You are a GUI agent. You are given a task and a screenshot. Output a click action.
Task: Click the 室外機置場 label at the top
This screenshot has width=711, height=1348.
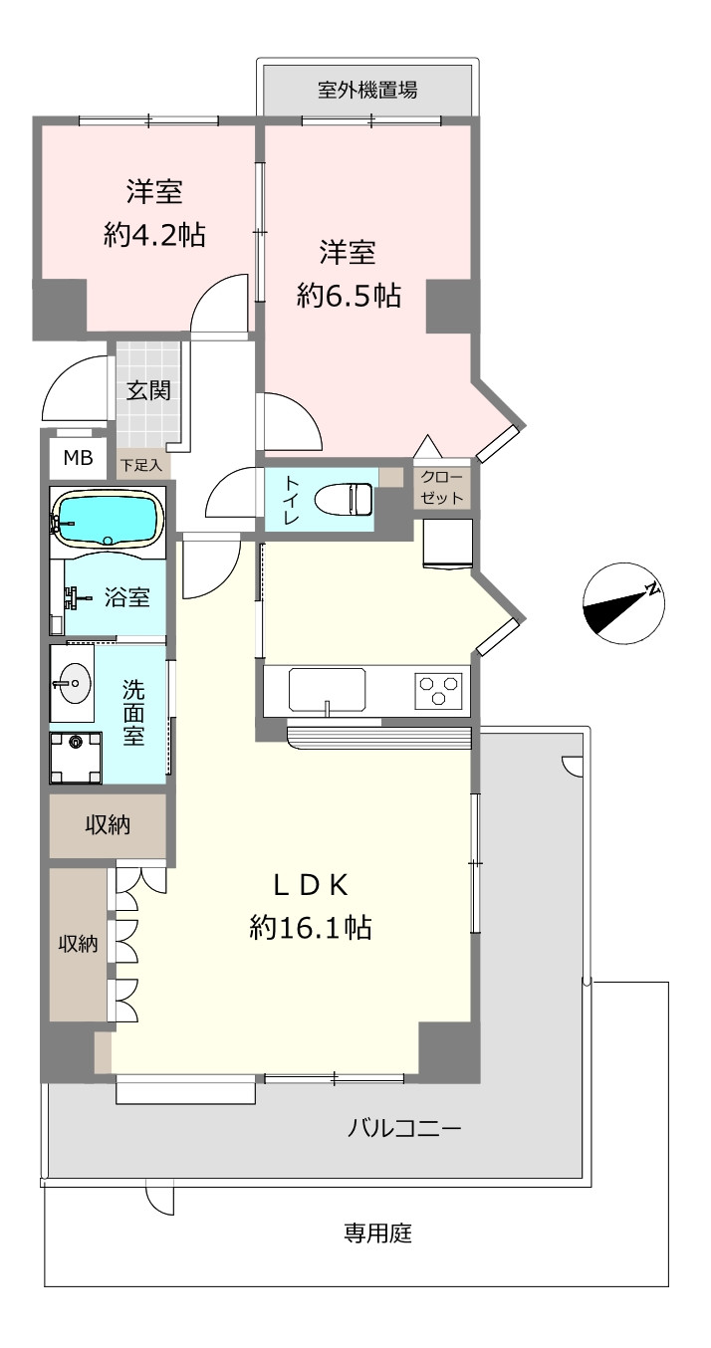[366, 90]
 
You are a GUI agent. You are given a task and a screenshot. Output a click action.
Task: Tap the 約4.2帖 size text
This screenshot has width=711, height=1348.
[154, 234]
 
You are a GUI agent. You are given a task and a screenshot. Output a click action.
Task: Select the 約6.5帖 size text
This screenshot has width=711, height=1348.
[349, 296]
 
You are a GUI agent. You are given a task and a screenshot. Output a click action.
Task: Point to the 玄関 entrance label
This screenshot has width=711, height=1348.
[148, 390]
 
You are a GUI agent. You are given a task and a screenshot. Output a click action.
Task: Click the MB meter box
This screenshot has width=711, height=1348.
[79, 458]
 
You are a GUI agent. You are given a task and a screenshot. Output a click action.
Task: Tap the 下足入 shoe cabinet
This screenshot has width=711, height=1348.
[142, 465]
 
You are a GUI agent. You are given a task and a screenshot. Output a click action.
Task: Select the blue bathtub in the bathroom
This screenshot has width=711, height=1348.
[109, 518]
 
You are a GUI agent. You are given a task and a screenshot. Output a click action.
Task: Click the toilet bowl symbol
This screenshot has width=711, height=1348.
[344, 498]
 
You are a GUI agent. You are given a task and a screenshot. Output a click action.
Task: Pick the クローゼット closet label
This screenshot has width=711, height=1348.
[442, 488]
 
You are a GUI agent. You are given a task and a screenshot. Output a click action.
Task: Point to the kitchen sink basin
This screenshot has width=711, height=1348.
[327, 690]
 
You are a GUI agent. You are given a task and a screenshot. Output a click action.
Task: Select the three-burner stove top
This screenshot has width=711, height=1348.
[439, 690]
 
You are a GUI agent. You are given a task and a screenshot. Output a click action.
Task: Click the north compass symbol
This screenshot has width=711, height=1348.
[623, 603]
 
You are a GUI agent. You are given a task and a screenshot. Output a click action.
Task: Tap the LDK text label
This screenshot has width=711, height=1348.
[311, 885]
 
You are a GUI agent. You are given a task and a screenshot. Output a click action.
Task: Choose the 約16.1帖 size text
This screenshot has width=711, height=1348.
[311, 927]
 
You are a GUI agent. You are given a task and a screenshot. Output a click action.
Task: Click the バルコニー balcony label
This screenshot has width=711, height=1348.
[404, 1127]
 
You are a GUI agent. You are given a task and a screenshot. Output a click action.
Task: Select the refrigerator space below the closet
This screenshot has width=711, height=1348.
[448, 544]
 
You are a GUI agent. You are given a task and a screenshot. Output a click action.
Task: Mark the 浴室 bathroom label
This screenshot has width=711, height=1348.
[127, 597]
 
